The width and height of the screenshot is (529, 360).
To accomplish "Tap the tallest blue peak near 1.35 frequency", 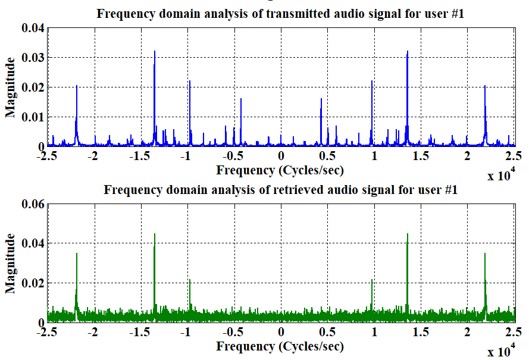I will coord(408,52).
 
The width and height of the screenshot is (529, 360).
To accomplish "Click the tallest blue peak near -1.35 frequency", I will coord(155,52).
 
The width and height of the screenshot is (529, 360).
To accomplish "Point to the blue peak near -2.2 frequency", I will coord(77,86).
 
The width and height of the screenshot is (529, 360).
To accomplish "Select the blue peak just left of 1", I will coord(372,82).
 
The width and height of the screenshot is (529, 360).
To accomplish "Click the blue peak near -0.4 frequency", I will coord(241,99).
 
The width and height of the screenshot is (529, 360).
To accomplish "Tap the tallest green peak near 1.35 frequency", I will coord(408,234).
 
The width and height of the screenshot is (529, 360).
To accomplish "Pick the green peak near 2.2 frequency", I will coord(485,254).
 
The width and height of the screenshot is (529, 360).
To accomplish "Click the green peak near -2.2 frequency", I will coord(77,254).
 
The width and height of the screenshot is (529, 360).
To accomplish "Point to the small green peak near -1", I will coord(190,280).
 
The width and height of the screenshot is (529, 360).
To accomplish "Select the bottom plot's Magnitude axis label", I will coord(10,264).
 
